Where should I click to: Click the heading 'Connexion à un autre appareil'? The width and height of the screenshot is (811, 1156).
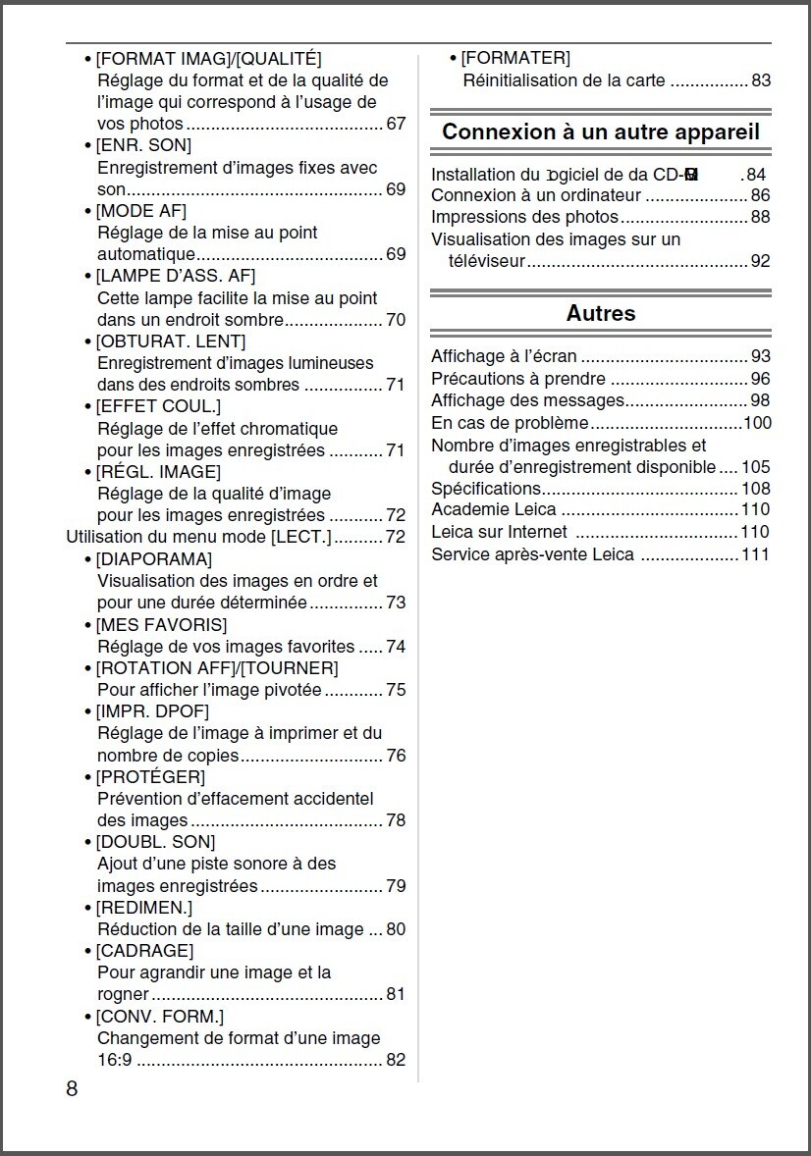[x=601, y=132]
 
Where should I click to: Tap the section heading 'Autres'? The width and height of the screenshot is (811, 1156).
[x=601, y=313]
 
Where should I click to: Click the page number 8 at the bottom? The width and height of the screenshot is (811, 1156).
[x=72, y=1088]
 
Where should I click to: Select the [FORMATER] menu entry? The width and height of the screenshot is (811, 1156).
[x=514, y=59]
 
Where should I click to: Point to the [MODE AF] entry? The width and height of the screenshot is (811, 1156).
[x=140, y=211]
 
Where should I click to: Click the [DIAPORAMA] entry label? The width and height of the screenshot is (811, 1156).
[x=153, y=559]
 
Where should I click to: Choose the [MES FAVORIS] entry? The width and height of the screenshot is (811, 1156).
[x=161, y=625]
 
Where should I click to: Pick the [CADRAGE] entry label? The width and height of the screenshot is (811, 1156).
[x=144, y=951]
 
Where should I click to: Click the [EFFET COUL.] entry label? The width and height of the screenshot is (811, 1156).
[x=158, y=406]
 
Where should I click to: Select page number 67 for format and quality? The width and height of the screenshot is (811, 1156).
[x=396, y=125]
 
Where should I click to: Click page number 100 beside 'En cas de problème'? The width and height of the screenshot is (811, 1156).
[x=757, y=423]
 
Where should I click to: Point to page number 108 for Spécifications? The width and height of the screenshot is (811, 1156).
[x=756, y=489]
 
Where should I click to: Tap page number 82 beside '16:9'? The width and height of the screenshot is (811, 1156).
[x=396, y=1060]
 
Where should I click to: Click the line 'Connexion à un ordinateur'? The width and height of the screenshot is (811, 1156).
[x=536, y=196]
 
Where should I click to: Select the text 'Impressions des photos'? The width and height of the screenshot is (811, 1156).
[x=525, y=218]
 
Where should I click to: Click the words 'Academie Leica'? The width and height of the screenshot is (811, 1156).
[x=494, y=509]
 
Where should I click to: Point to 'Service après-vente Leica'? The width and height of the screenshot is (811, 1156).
[x=533, y=555]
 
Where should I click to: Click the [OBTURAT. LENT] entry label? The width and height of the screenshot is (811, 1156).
[x=170, y=342]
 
